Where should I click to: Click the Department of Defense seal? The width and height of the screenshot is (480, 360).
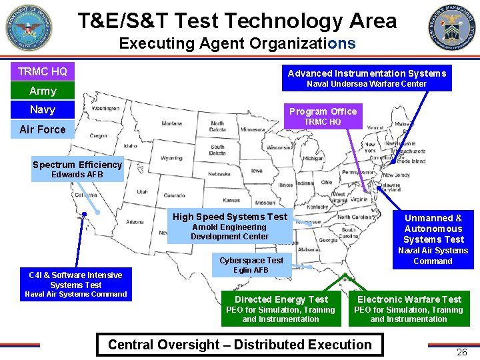tap(29, 29)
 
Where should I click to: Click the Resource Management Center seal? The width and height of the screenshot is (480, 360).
tap(453, 29)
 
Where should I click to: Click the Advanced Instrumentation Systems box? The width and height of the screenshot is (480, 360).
tap(367, 78)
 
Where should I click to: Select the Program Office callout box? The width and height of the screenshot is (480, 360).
tap(323, 116)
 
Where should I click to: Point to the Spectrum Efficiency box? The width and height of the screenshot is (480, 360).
tap(77, 169)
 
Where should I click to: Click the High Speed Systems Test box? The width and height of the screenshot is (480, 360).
tap(230, 226)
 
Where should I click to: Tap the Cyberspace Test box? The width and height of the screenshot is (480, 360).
tap(251, 265)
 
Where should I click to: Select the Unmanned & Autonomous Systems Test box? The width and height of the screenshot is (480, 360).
tap(433, 238)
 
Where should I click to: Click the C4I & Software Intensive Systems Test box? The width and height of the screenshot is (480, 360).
tap(75, 284)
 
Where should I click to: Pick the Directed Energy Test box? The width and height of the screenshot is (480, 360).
tap(281, 308)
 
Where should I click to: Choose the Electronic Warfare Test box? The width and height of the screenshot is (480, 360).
tap(409, 308)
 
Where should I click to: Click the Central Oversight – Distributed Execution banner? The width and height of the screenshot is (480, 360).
tap(240, 345)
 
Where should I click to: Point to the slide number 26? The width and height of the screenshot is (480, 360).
tap(461, 352)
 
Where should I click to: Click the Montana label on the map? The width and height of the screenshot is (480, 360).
tap(171, 123)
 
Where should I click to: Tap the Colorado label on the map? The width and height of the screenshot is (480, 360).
tap(174, 196)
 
